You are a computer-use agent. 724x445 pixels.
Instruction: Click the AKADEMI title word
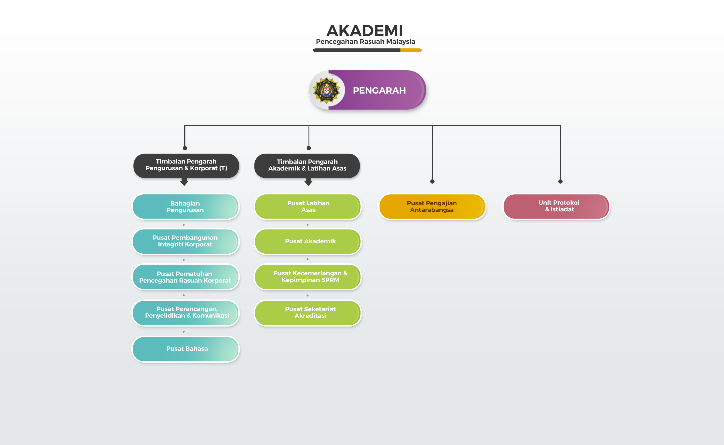click(365, 31)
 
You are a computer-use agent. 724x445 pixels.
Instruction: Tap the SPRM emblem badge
click(326, 90)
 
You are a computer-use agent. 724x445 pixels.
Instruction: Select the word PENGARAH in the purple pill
click(379, 90)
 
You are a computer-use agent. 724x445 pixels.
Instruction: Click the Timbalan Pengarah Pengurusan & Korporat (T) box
click(186, 166)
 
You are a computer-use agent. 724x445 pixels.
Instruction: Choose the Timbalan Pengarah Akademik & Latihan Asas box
click(307, 166)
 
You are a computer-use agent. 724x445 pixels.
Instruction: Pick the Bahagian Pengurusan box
click(186, 207)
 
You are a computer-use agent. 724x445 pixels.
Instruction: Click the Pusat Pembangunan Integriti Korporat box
click(186, 241)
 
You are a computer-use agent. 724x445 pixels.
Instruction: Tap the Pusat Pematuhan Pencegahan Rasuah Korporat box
click(186, 277)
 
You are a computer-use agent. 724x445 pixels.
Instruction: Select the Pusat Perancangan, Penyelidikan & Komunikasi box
click(186, 313)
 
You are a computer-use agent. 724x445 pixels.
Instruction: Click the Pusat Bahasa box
click(186, 349)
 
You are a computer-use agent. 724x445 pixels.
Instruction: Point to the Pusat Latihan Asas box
click(308, 207)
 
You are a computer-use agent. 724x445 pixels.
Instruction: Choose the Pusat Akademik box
click(308, 241)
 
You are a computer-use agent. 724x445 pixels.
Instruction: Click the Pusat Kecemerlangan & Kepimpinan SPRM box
click(308, 277)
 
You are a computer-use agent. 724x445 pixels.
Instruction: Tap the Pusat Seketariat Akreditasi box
click(308, 313)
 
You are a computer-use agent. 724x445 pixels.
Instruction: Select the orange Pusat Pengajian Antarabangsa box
click(432, 207)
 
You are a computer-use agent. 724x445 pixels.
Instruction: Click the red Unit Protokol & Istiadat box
click(556, 207)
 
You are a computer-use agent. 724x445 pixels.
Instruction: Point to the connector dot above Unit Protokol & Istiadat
click(560, 182)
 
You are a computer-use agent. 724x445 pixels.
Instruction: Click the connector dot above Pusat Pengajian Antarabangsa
click(432, 182)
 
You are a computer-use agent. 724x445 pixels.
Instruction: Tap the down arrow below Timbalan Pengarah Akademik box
click(308, 182)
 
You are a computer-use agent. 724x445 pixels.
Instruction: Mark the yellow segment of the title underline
click(411, 50)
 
